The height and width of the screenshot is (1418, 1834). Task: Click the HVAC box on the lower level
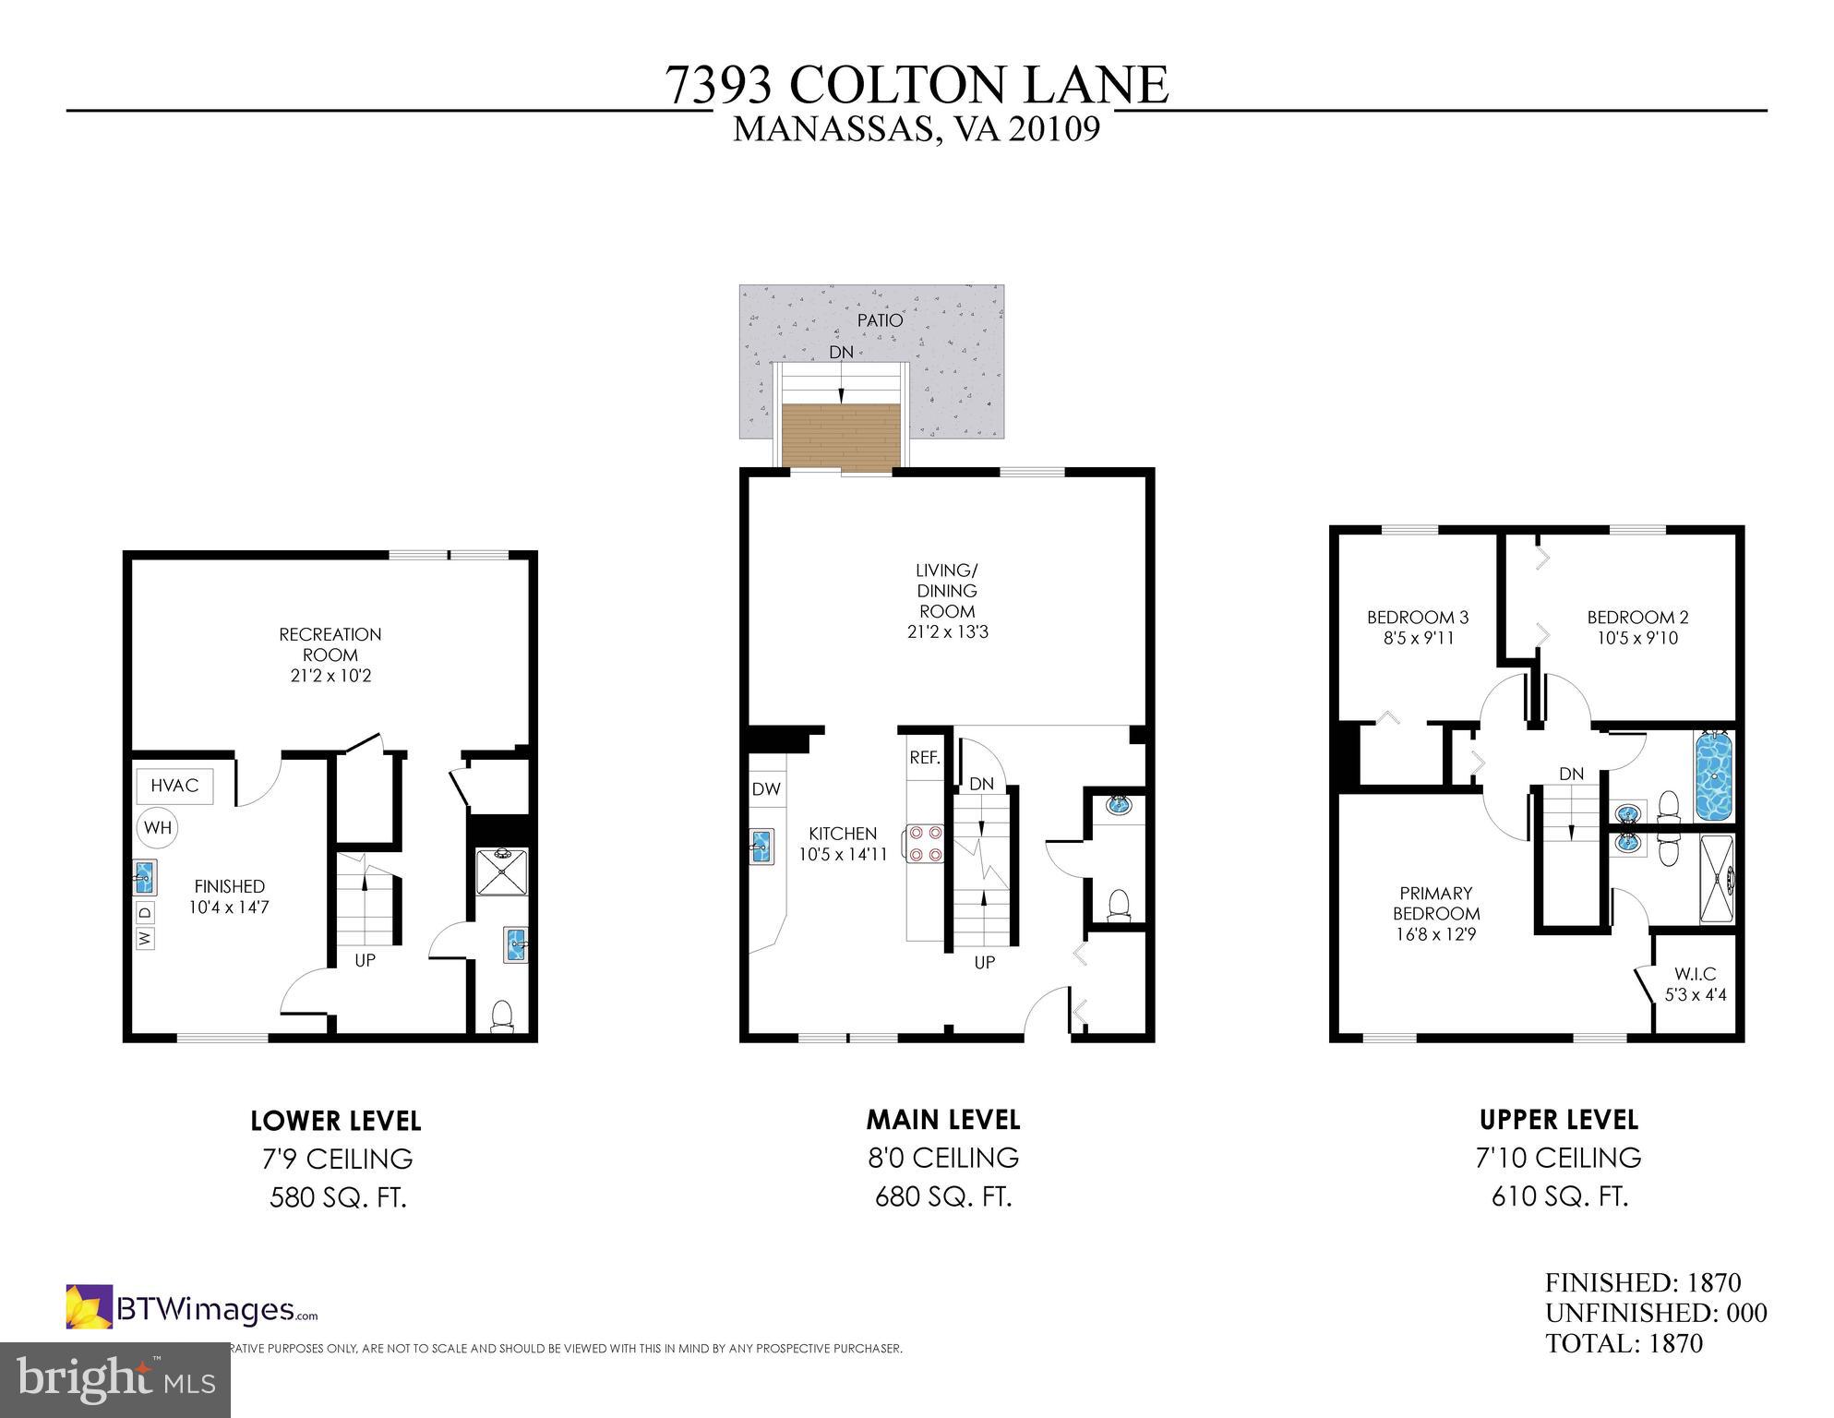click(x=174, y=786)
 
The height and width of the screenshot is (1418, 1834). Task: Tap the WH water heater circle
click(x=158, y=827)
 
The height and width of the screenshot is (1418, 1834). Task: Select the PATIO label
click(x=880, y=320)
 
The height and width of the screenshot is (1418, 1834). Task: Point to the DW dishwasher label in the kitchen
click(x=766, y=789)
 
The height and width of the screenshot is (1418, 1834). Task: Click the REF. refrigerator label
click(x=925, y=758)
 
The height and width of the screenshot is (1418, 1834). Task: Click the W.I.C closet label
click(x=1695, y=975)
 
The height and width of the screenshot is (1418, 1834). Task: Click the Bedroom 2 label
click(x=1637, y=618)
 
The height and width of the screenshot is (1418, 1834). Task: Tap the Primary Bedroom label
click(x=1435, y=903)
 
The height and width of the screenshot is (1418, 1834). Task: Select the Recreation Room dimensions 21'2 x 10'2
click(x=330, y=676)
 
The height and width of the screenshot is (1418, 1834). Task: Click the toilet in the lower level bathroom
click(x=502, y=1015)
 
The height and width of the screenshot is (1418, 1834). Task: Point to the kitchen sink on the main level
click(x=761, y=846)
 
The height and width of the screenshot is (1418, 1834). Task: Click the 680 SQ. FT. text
click(x=942, y=1197)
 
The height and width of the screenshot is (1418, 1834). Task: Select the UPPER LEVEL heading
click(x=1558, y=1120)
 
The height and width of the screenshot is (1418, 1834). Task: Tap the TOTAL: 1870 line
click(x=1624, y=1343)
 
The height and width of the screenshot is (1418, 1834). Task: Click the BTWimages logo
click(x=191, y=1308)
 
